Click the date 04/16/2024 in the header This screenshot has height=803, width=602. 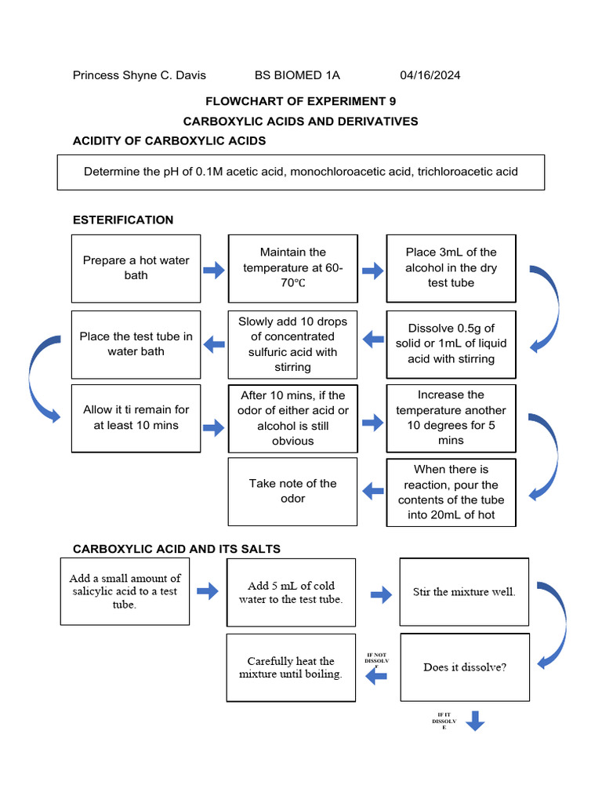[x=430, y=75]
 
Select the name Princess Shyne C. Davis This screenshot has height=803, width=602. [x=140, y=75]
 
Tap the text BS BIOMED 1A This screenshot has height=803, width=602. [x=297, y=75]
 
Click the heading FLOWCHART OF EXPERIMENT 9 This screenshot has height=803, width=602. [x=300, y=101]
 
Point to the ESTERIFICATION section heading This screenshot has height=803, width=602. [x=123, y=220]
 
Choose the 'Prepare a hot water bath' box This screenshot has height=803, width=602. [x=136, y=268]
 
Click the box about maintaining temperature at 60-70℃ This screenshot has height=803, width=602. [x=293, y=268]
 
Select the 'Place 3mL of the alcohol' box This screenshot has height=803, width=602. [x=451, y=267]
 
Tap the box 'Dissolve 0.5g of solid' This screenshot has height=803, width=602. [x=451, y=343]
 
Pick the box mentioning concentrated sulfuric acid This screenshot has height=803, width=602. [x=293, y=343]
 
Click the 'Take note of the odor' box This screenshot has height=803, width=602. [x=293, y=492]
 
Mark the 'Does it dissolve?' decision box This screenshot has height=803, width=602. [x=465, y=667]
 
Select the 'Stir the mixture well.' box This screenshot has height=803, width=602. [x=464, y=592]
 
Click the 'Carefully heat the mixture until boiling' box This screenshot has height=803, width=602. [x=291, y=667]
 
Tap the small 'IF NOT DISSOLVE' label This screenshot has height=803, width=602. [x=376, y=662]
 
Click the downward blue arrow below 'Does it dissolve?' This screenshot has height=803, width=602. [x=475, y=720]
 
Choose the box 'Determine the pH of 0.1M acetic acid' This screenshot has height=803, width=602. [x=300, y=172]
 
